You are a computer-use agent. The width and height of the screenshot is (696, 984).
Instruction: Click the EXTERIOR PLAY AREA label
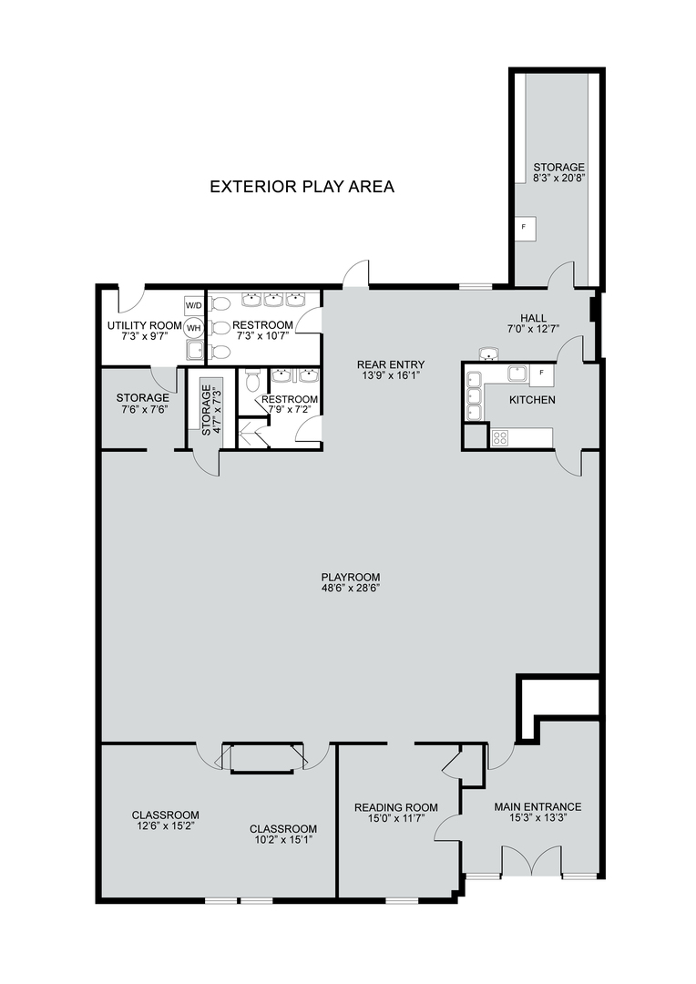pyautogui.click(x=302, y=187)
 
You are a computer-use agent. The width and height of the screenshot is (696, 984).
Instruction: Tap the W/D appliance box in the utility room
pyautogui.click(x=194, y=304)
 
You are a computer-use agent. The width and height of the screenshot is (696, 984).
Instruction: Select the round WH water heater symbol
pyautogui.click(x=194, y=326)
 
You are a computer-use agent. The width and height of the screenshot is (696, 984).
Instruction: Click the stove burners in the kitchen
pyautogui.click(x=500, y=437)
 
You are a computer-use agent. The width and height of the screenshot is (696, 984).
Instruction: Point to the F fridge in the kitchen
pyautogui.click(x=542, y=373)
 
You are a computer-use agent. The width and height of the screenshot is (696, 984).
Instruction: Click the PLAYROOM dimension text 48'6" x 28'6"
pyautogui.click(x=350, y=589)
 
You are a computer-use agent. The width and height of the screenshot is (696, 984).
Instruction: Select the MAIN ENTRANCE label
pyautogui.click(x=537, y=806)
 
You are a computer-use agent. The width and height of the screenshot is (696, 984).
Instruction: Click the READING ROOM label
pyautogui.click(x=395, y=807)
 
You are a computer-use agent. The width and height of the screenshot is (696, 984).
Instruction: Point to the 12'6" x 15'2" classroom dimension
pyautogui.click(x=165, y=825)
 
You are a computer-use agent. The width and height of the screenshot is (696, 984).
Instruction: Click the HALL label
pyautogui.click(x=533, y=317)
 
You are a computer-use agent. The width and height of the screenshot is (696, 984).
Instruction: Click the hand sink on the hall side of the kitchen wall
pyautogui.click(x=490, y=354)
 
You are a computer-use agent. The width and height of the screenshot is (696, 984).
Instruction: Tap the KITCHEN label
pyautogui.click(x=532, y=400)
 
